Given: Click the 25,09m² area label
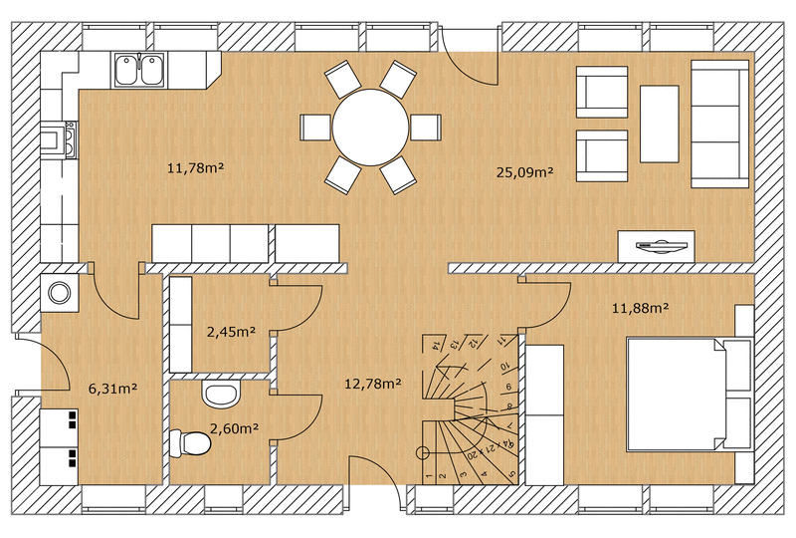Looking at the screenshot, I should [524, 172].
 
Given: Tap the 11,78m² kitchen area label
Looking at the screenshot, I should [194, 167].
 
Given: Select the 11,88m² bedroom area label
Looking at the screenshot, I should [639, 308].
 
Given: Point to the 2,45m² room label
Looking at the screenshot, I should [231, 332].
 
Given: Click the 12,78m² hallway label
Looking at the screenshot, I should [372, 383].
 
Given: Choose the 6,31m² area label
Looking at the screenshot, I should [112, 389].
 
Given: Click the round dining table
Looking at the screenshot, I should [370, 127].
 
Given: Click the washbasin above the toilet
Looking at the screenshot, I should [220, 395].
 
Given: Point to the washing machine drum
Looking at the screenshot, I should [59, 293].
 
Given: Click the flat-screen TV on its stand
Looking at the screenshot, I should [656, 244].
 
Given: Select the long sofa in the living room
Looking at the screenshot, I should [720, 123].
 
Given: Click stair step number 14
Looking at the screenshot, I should [436, 345].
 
